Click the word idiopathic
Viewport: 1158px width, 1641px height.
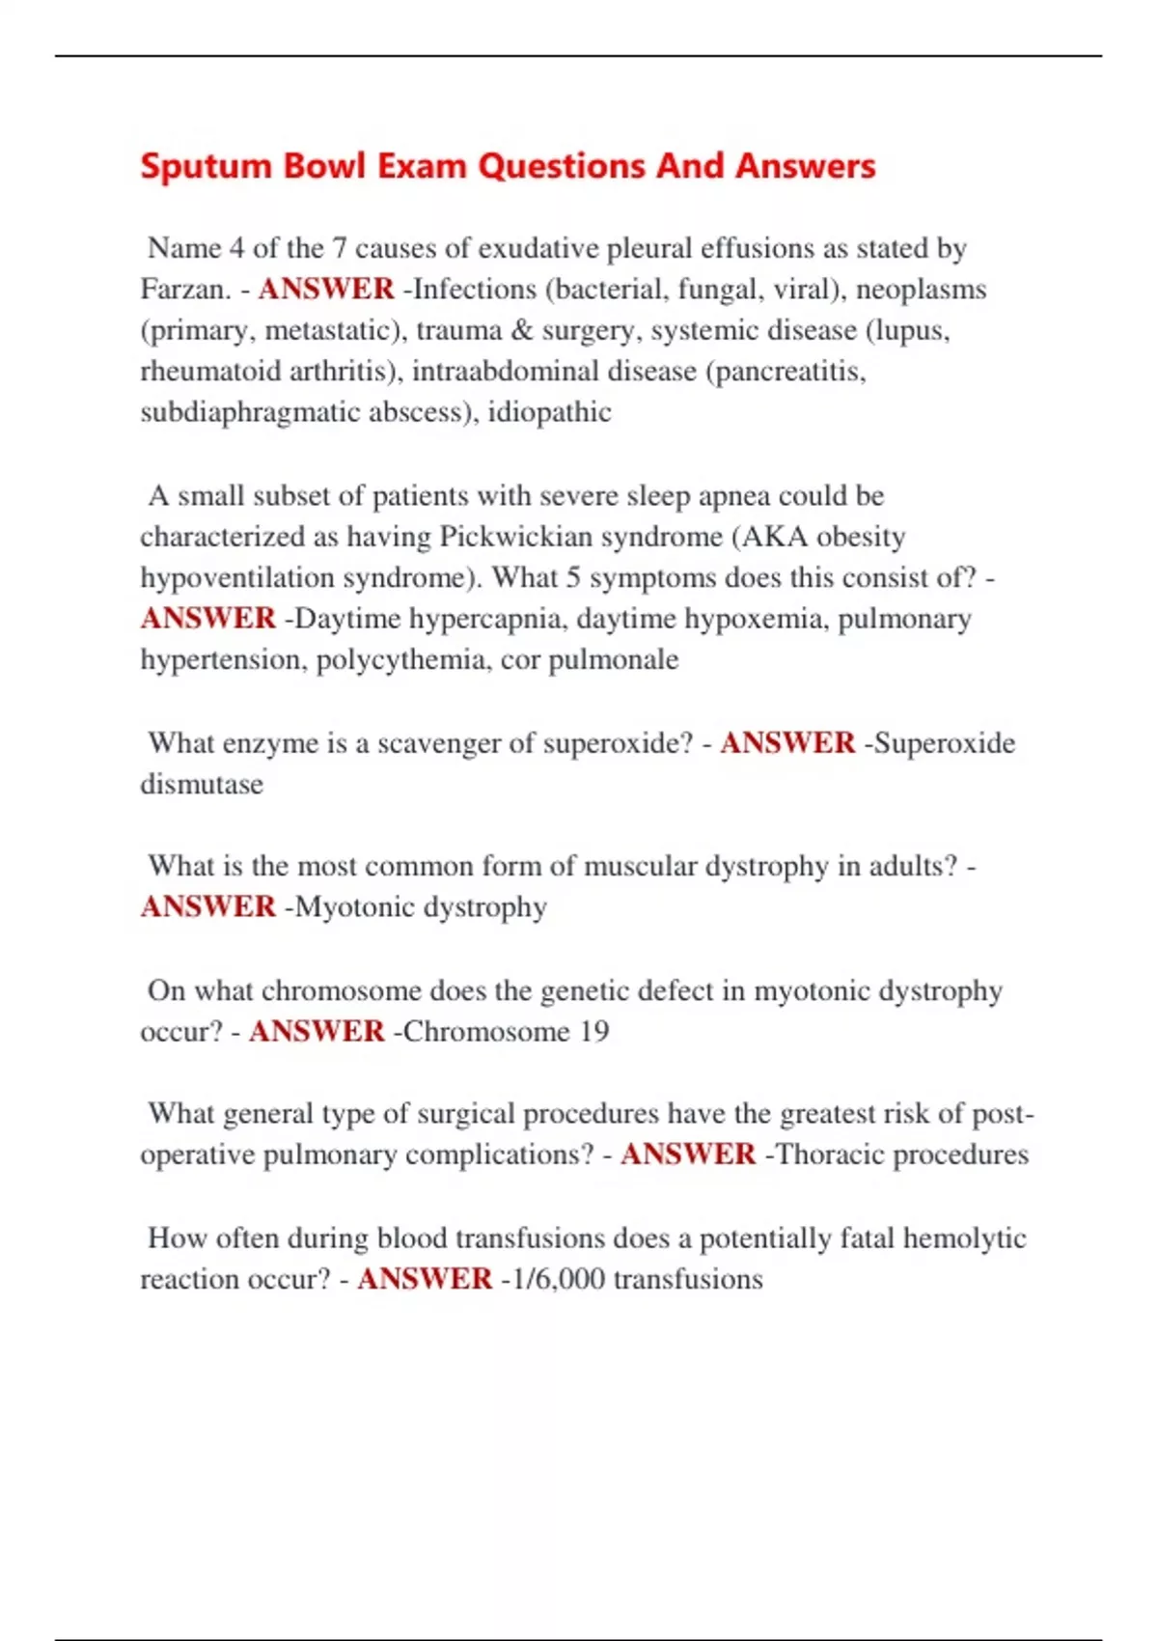tap(549, 412)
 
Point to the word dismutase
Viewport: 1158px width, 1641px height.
tap(202, 784)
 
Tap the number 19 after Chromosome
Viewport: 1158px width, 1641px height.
tap(593, 1031)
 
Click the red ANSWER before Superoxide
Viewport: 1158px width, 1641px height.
tap(787, 743)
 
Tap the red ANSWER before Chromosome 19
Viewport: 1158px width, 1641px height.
tap(317, 1031)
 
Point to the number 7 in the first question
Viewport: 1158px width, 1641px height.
tap(339, 248)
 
